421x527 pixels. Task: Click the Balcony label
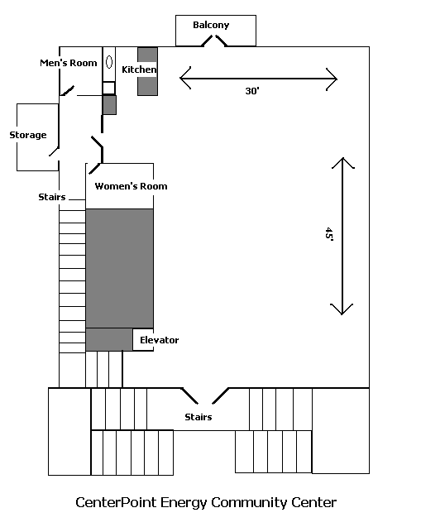211,25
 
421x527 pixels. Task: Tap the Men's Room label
69,63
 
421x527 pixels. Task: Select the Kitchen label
139,69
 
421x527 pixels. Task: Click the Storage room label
28,135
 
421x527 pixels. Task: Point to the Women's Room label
131,186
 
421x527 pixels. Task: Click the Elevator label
160,340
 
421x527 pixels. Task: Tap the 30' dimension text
252,91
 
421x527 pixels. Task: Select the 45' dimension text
329,234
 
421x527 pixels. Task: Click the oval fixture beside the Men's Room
109,62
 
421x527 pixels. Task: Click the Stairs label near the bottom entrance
199,417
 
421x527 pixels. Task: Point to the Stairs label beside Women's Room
52,197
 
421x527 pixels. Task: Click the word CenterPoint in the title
116,503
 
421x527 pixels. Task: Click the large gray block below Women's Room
120,268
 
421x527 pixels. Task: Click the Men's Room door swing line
67,91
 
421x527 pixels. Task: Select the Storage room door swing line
54,151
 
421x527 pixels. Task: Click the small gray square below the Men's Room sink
109,105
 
